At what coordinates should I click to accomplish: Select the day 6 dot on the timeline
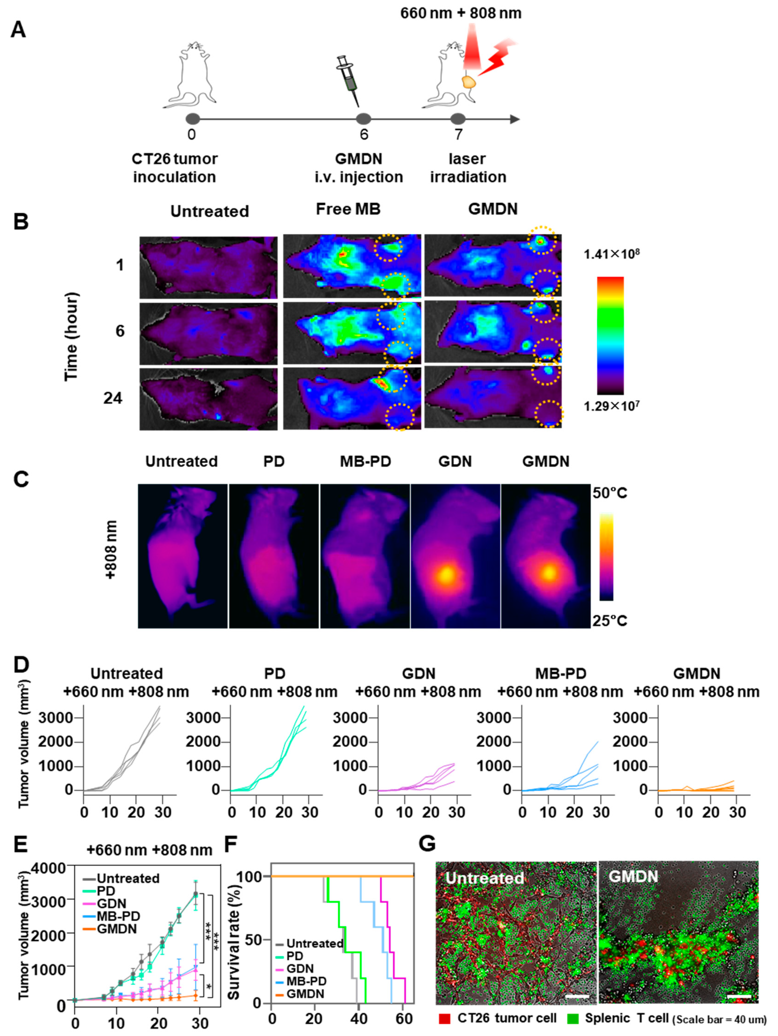363,119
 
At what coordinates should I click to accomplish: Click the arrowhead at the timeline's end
515,119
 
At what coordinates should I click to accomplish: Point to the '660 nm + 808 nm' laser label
461,13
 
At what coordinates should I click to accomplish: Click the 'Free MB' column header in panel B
348,209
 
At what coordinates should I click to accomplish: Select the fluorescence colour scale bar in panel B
610,335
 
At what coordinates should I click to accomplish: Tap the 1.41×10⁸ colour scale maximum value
611,254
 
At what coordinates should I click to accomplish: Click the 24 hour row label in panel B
113,398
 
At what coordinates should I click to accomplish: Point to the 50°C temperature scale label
609,493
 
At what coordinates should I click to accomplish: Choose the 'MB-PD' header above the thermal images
365,461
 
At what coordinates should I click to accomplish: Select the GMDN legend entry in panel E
116,929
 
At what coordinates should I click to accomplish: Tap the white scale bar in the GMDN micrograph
739,996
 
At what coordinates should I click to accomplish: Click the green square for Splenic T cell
572,1019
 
